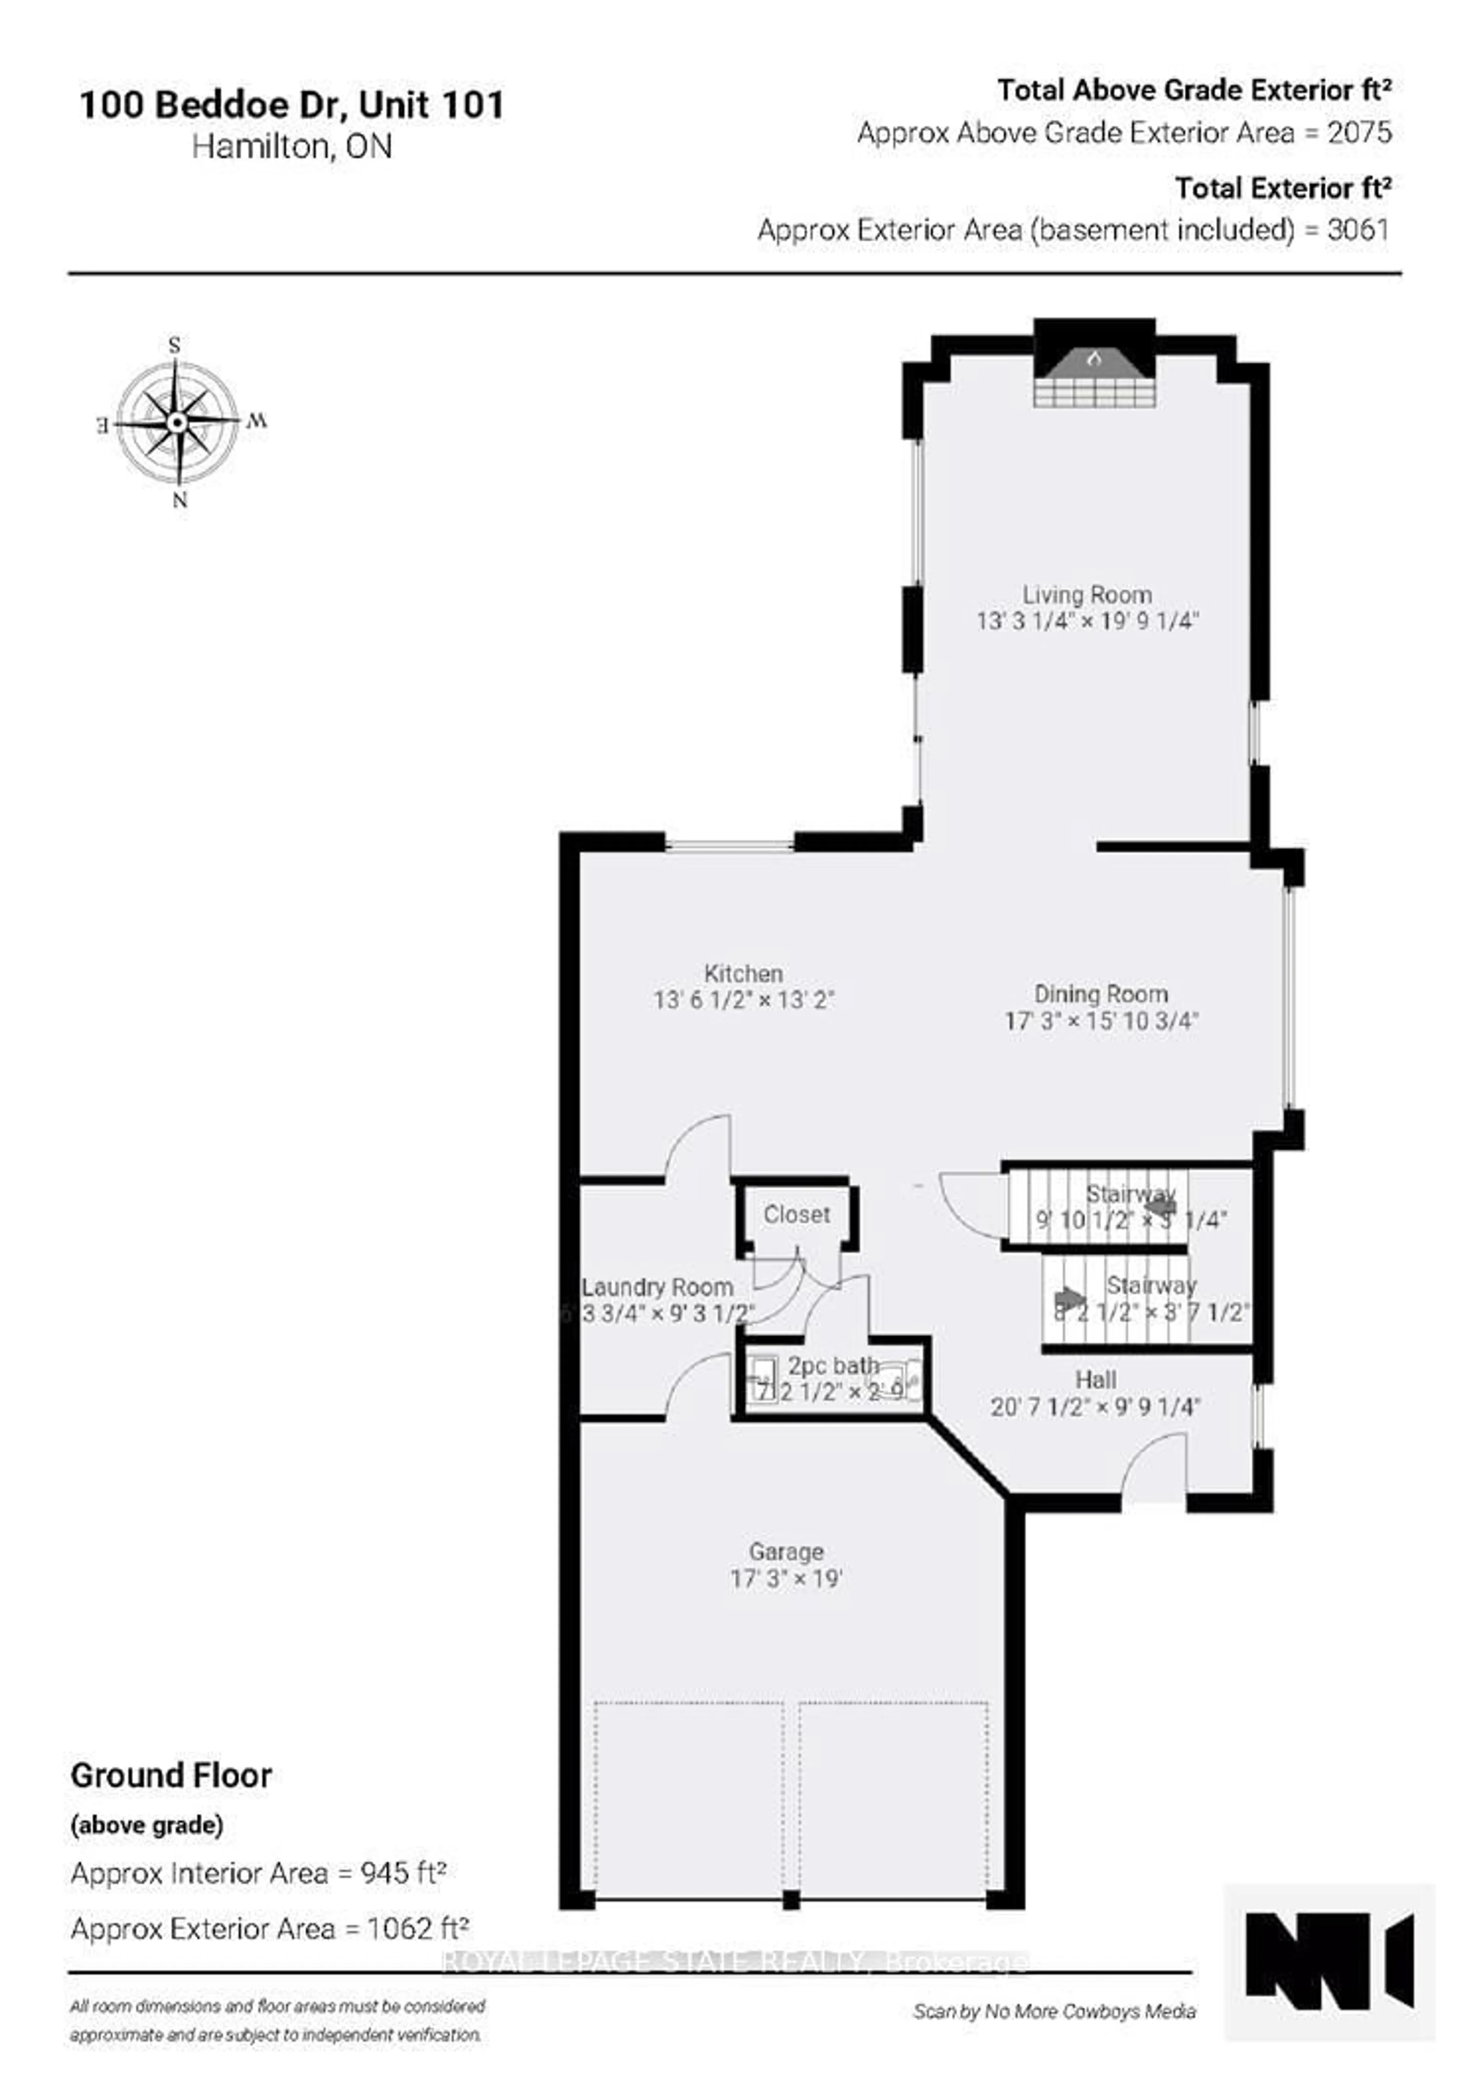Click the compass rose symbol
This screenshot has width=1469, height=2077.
click(x=178, y=422)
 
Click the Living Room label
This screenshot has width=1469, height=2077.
click(x=1087, y=595)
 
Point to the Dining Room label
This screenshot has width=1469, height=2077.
click(x=1101, y=994)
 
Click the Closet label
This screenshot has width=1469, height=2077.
click(x=796, y=1214)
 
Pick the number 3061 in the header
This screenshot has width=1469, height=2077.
click(x=1358, y=230)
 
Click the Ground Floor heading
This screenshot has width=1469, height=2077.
click(x=171, y=1776)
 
